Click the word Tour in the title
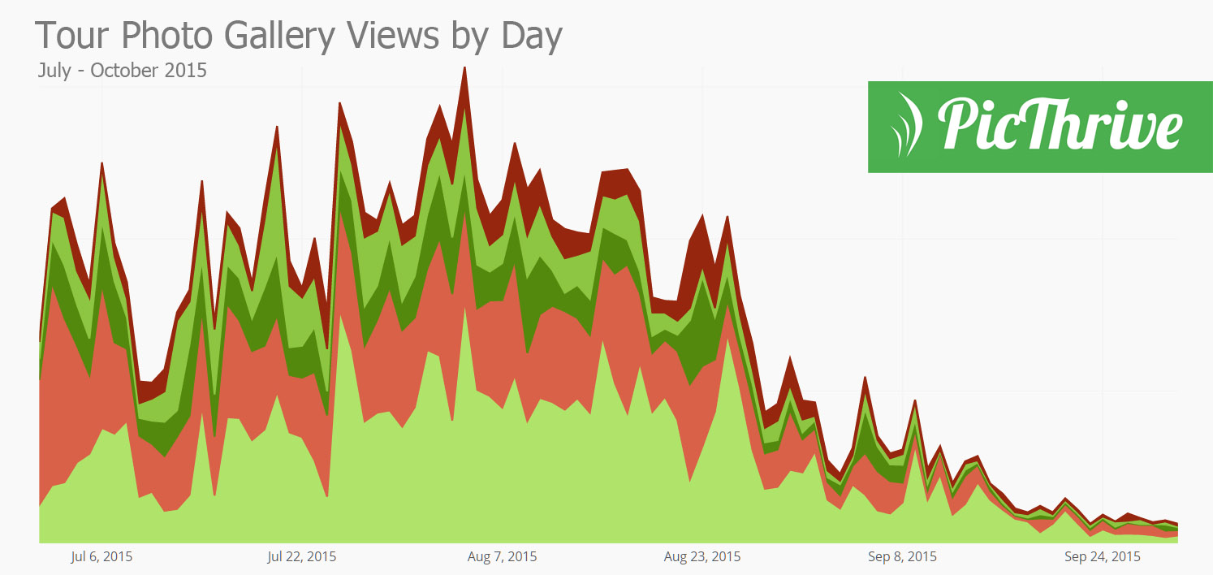(x=71, y=37)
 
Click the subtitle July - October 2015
(x=122, y=70)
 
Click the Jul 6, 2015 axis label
(x=101, y=557)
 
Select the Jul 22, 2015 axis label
(x=301, y=557)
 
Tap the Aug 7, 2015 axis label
(x=502, y=557)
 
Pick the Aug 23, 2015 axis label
(x=702, y=557)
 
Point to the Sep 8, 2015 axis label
(x=902, y=557)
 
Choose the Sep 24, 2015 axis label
(x=1102, y=557)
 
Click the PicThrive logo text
(x=1060, y=126)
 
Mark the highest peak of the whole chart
(x=464, y=68)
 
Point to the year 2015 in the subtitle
(x=186, y=70)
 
